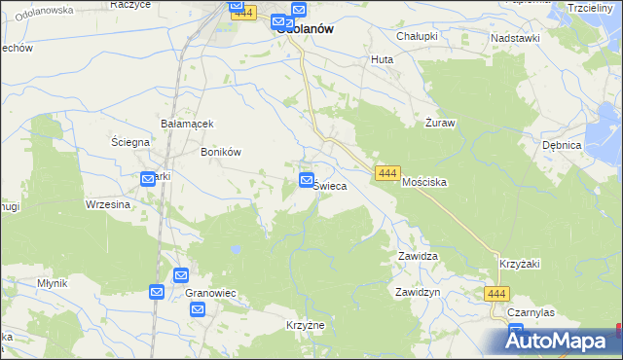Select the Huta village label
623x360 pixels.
[382, 59]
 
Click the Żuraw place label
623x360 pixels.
[441, 124]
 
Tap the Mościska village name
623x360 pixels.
[424, 182]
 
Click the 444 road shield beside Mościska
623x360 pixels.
[386, 172]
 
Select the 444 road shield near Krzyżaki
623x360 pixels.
[496, 293]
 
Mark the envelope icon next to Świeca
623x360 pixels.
[307, 179]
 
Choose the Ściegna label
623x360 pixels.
[129, 142]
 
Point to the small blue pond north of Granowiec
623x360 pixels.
[235, 250]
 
